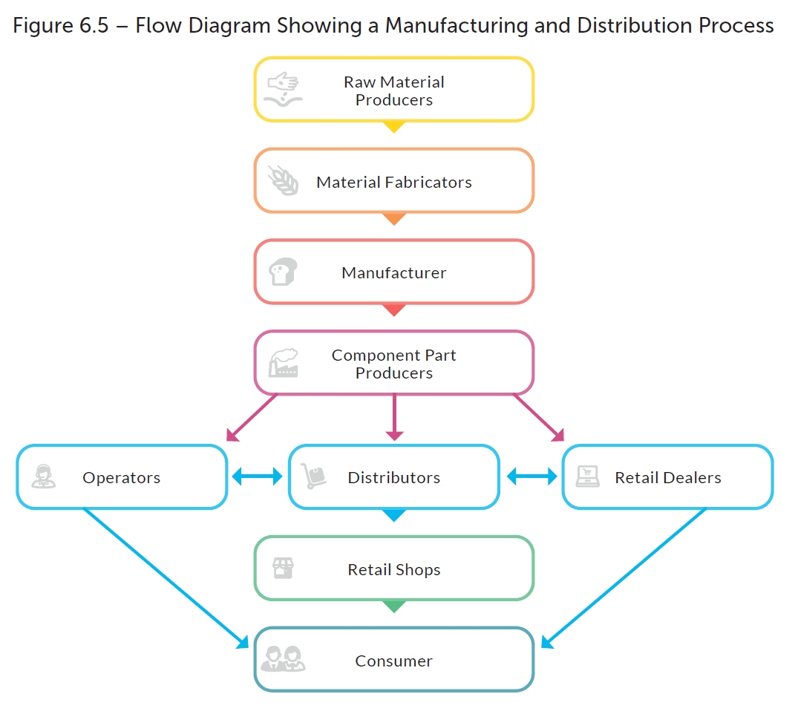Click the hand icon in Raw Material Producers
point(283,89)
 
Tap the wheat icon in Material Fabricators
point(283,181)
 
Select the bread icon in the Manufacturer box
point(283,272)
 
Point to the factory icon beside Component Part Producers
point(283,363)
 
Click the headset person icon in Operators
point(44,476)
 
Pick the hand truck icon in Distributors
point(314,476)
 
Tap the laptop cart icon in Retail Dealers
point(588,476)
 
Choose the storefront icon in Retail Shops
point(283,569)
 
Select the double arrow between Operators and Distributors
point(258,476)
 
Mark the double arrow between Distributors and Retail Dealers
point(531,476)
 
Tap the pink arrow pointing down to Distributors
point(394,416)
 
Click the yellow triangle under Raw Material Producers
point(394,127)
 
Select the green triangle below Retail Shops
point(394,606)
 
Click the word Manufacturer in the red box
point(393,272)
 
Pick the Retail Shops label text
point(393,570)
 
